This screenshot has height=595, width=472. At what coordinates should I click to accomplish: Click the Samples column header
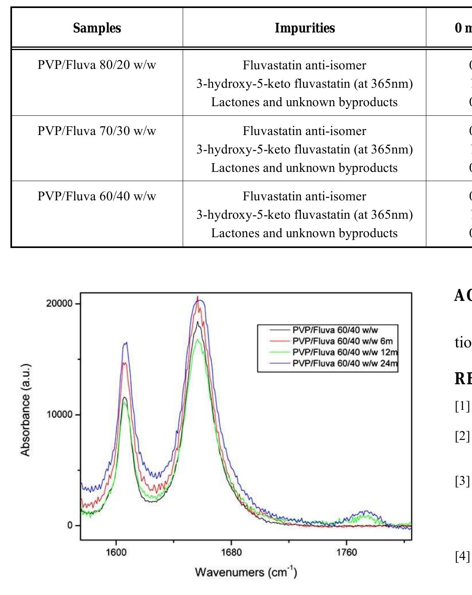click(x=97, y=28)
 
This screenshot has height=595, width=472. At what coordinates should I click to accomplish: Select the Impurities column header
click(x=305, y=28)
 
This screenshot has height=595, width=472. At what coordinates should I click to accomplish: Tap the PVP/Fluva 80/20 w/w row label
click(x=97, y=65)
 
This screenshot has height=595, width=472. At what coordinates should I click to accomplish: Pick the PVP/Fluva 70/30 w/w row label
click(x=97, y=131)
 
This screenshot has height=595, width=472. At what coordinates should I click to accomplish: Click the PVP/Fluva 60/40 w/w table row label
click(x=97, y=196)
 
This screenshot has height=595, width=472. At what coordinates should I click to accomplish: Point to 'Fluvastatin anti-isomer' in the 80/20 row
click(x=305, y=65)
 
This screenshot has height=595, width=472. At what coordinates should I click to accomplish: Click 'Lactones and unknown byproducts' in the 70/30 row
click(x=305, y=168)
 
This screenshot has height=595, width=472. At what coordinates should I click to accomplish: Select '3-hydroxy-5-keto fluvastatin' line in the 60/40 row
click(x=305, y=215)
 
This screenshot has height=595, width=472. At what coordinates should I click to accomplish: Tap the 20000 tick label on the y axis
click(x=59, y=304)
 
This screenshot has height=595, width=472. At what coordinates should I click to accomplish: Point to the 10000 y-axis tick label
click(x=59, y=415)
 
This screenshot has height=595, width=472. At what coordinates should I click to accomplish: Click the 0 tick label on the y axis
click(x=70, y=525)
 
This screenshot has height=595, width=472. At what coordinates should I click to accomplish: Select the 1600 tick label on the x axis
click(x=116, y=553)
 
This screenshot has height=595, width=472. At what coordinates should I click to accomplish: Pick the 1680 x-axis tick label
click(x=231, y=553)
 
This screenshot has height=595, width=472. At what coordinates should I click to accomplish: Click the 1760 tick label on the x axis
click(x=346, y=553)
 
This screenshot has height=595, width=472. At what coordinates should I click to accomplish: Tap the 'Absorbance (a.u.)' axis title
click(x=25, y=410)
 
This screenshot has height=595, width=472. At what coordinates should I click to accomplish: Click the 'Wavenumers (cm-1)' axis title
click(x=246, y=572)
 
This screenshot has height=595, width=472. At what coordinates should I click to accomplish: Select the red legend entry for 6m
click(x=342, y=341)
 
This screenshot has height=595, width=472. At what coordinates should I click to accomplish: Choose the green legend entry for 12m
click(x=345, y=352)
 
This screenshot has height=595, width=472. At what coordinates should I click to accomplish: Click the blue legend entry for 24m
click(x=345, y=363)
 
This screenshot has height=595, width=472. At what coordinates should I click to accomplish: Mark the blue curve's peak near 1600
click(x=126, y=343)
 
